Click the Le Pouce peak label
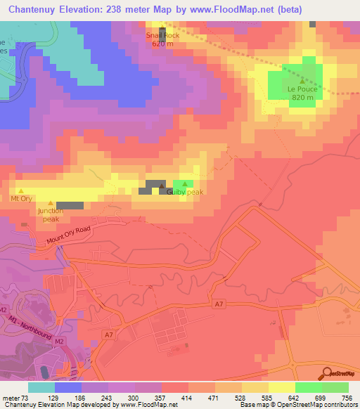coord(301,89)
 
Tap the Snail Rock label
coord(163,35)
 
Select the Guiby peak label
coord(185,192)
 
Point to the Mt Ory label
coord(20,199)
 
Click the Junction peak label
coord(50,214)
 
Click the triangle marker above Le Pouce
coord(302,81)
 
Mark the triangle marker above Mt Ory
coord(20,190)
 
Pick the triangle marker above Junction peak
coord(50,202)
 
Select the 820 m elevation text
coord(301,98)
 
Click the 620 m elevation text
coord(163,44)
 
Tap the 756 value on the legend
coord(347,398)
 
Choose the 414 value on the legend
coord(188,398)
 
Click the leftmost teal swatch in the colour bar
coord(41,387)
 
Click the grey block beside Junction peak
coord(70,205)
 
